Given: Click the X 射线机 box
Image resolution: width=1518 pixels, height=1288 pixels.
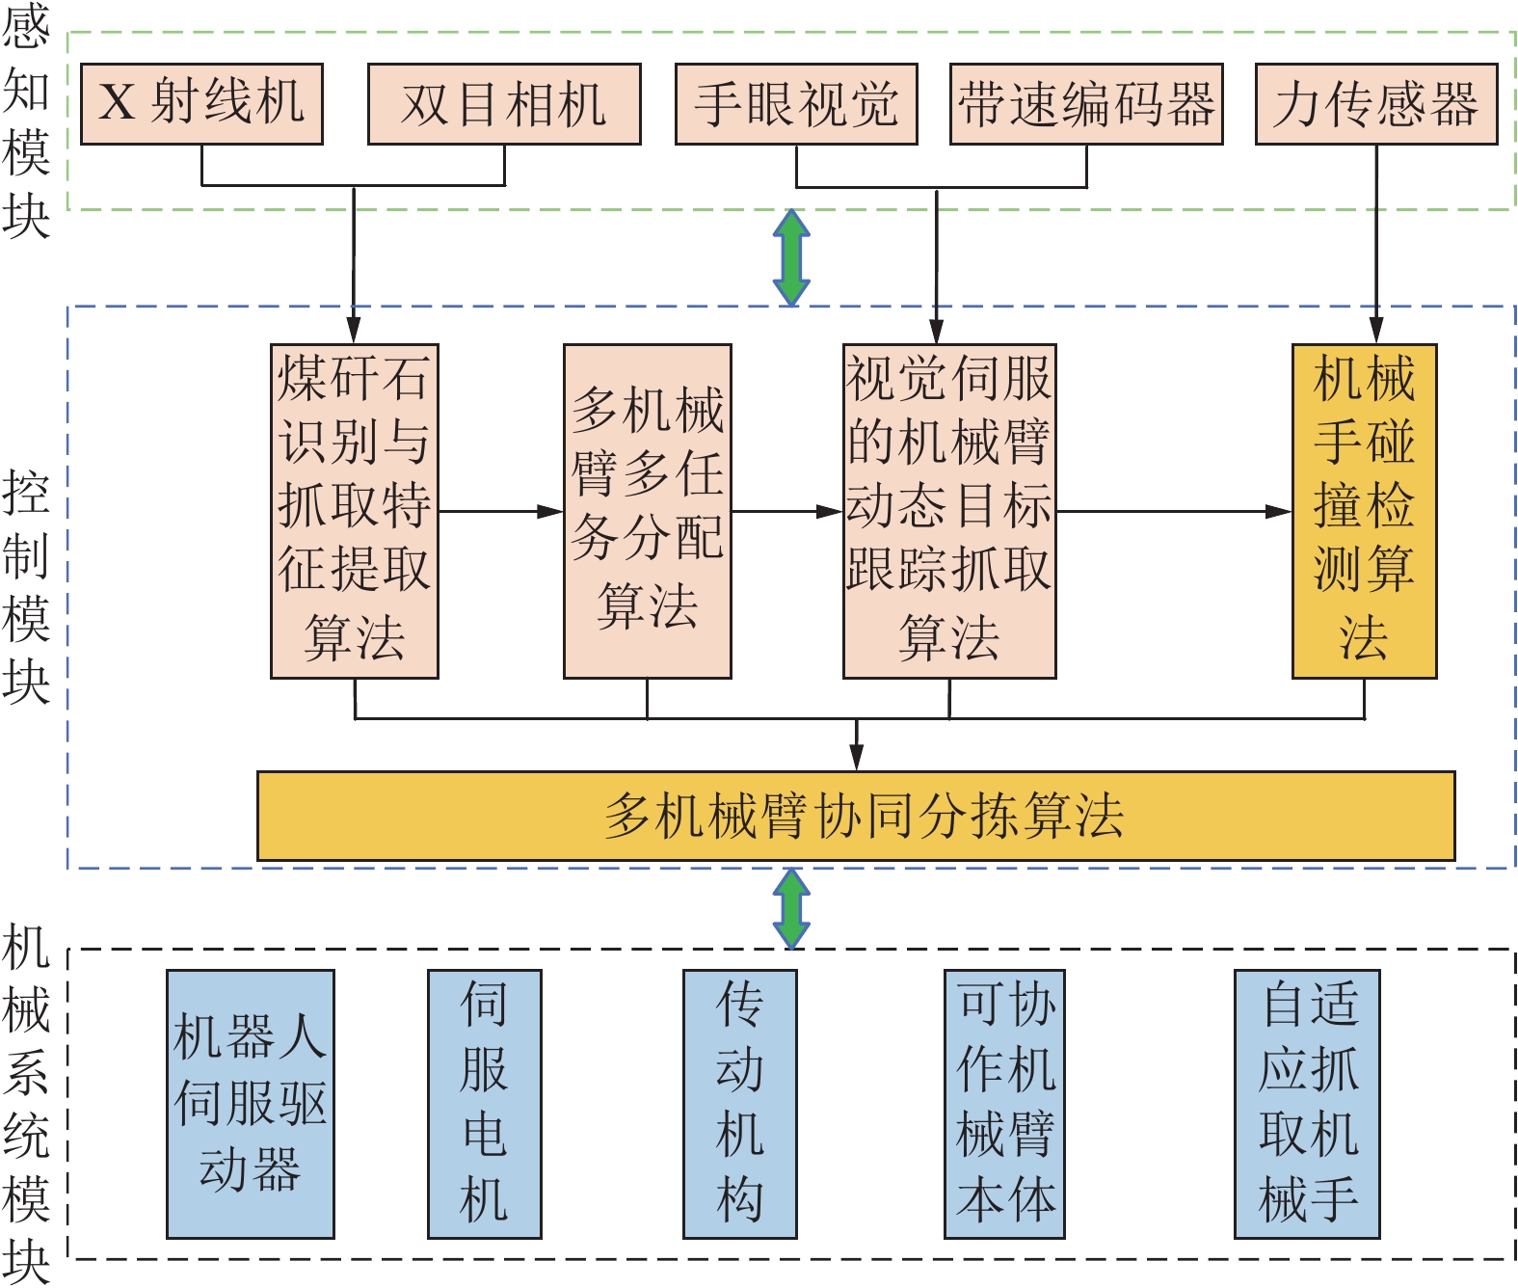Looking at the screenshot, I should (201, 104).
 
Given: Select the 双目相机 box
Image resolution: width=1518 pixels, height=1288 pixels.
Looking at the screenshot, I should (504, 104).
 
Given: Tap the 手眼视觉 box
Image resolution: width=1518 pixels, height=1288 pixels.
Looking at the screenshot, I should (796, 104).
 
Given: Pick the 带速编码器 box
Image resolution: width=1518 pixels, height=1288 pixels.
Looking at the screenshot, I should (1086, 104).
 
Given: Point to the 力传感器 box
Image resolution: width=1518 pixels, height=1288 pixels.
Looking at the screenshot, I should (1376, 104).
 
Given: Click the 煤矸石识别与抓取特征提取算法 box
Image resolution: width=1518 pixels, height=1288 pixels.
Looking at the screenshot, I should (355, 511).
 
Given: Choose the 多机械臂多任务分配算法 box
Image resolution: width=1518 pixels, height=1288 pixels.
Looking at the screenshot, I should (648, 511).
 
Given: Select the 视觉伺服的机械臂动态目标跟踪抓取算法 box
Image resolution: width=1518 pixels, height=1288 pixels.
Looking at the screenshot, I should (949, 511).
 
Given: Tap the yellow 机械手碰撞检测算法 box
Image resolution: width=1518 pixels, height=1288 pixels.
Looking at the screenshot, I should (1364, 511).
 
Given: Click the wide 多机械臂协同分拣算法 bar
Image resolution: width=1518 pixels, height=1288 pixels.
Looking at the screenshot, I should (856, 816).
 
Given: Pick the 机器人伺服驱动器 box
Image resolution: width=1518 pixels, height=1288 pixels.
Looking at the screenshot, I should (251, 1104).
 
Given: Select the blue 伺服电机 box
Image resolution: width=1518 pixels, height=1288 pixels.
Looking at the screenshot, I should (485, 1104).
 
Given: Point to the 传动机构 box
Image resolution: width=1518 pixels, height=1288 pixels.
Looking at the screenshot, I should (740, 1104).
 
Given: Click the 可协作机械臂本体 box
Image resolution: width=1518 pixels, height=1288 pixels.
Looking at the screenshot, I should (1005, 1104).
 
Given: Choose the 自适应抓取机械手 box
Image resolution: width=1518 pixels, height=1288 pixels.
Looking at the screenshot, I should (1308, 1104).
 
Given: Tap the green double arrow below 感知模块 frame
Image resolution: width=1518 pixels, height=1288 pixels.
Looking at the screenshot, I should (792, 257).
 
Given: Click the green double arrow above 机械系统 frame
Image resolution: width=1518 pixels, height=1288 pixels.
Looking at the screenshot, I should (792, 908).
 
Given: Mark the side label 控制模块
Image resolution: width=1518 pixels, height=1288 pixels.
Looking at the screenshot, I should (26, 588).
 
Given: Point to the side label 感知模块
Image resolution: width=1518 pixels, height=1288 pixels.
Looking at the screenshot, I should (26, 121).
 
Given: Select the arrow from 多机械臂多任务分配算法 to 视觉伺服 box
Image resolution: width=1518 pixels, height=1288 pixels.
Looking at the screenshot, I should (786, 512).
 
